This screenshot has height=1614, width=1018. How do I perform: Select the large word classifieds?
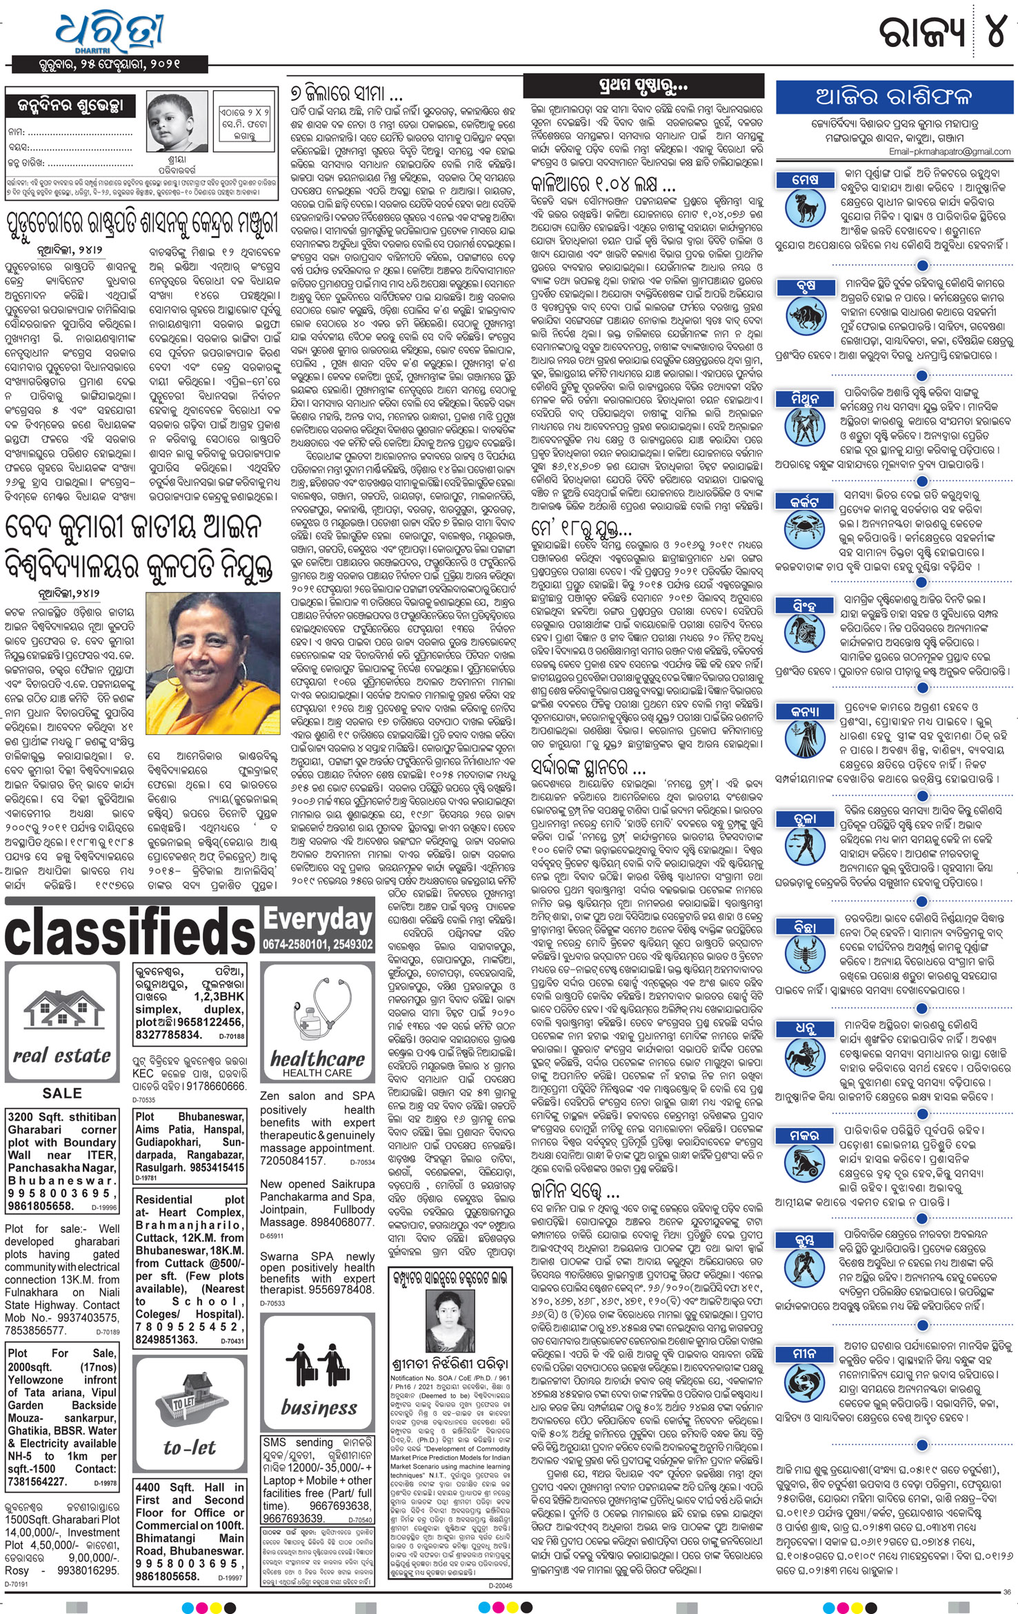click(x=130, y=932)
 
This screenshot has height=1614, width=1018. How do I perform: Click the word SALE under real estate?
click(x=62, y=1093)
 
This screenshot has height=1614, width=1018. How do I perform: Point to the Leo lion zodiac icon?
click(x=806, y=638)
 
